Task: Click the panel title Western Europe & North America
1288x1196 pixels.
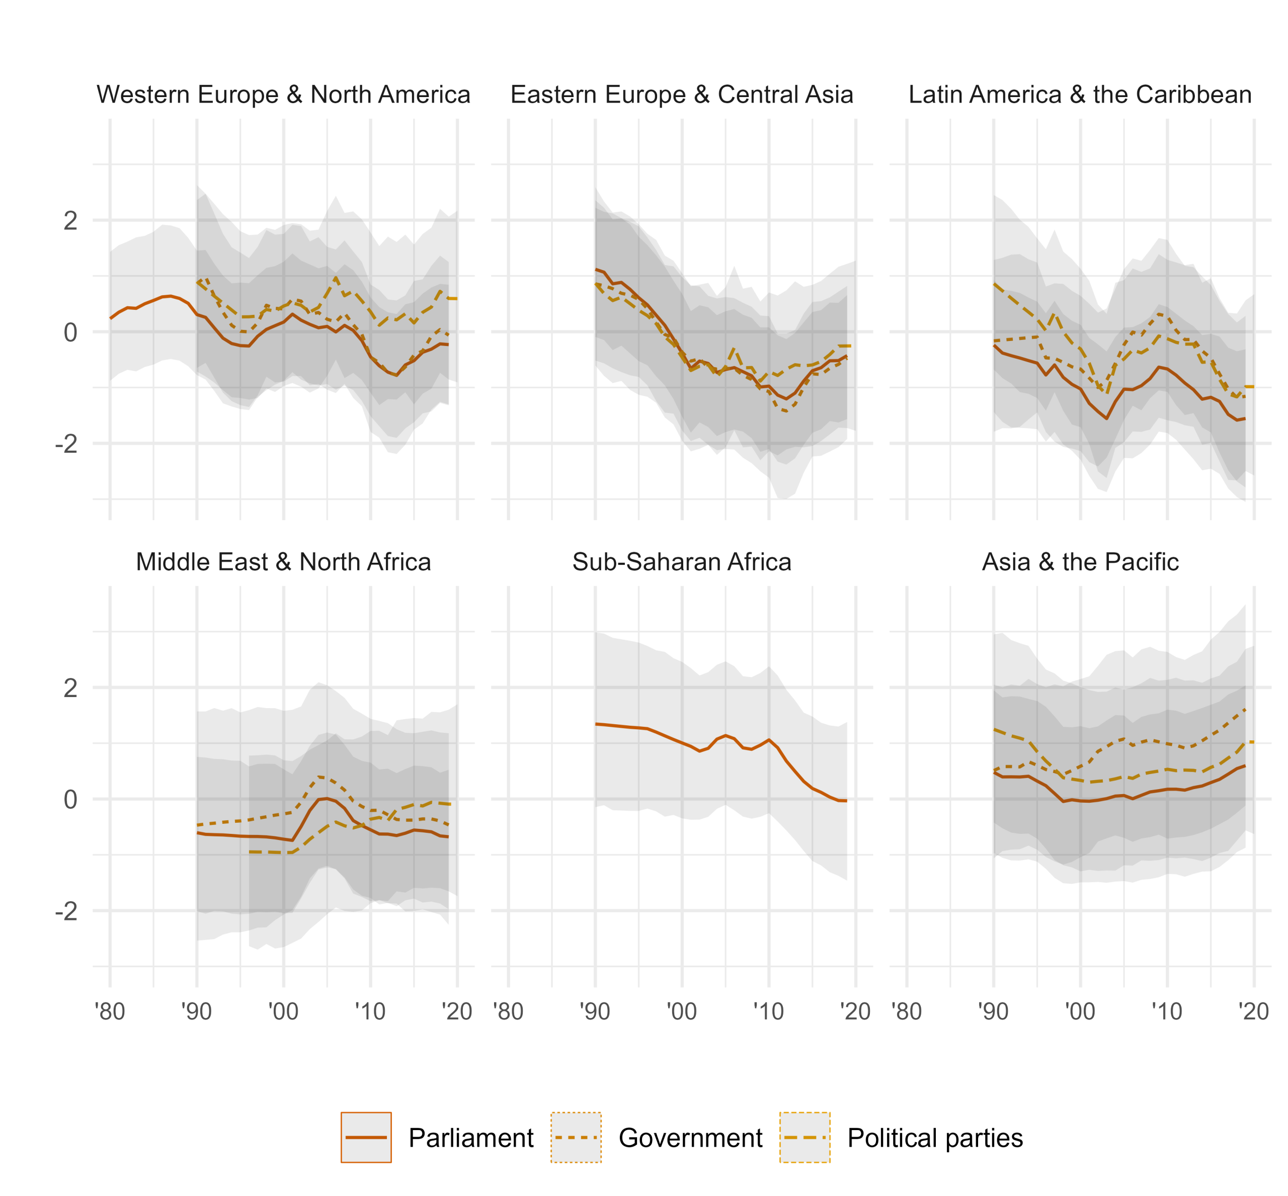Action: click(x=283, y=95)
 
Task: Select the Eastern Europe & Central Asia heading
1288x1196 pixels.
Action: click(x=681, y=95)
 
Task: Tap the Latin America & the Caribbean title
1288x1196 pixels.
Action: click(x=1080, y=95)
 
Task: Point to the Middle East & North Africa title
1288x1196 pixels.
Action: click(x=283, y=562)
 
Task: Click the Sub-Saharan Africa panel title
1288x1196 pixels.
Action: click(x=681, y=562)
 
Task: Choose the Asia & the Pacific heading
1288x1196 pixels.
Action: click(x=1080, y=562)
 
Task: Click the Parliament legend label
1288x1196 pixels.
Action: click(x=471, y=1138)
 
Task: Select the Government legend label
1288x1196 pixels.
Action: click(x=690, y=1138)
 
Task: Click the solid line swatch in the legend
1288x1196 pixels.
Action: click(x=366, y=1138)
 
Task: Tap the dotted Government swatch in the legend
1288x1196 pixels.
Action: click(x=576, y=1138)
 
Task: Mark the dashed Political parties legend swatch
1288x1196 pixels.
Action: click(x=805, y=1138)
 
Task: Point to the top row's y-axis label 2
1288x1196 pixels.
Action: click(x=70, y=221)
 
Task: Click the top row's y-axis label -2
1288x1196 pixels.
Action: click(x=66, y=444)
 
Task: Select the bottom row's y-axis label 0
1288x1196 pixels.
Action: click(x=70, y=800)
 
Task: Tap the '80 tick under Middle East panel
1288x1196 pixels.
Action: click(x=110, y=1011)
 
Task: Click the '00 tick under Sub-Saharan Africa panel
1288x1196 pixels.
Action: click(x=681, y=1011)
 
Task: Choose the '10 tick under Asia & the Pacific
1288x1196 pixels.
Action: click(x=1167, y=1011)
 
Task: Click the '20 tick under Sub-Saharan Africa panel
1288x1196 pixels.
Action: click(x=855, y=1011)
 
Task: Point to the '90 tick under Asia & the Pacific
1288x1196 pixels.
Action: click(x=993, y=1011)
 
